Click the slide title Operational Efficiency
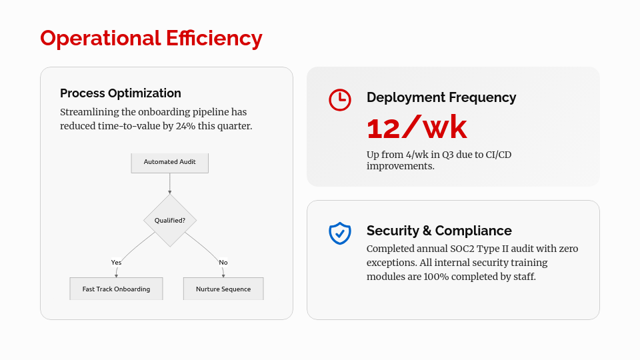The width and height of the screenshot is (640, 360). point(151,39)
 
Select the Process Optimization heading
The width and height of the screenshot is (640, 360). point(121,93)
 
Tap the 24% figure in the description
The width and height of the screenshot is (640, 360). point(186,126)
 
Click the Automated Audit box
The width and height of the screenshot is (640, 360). point(170,163)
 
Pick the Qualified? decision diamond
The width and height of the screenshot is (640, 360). point(170,221)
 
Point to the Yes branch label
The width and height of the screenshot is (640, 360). point(116,263)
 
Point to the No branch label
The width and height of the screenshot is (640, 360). point(223,263)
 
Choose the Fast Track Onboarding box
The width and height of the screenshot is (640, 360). point(116,289)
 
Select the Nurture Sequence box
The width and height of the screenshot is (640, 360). point(223,289)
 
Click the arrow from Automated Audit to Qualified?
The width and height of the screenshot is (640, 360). point(170,184)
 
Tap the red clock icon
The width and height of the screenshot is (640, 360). point(340,99)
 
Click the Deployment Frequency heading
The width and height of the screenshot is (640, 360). point(441,97)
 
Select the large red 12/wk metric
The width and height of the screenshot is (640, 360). point(417,128)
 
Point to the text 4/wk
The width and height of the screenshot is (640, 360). point(416,155)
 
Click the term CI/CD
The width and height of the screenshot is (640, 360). point(499,155)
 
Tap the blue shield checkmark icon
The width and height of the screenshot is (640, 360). point(340,233)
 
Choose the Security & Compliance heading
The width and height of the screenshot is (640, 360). point(439,231)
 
